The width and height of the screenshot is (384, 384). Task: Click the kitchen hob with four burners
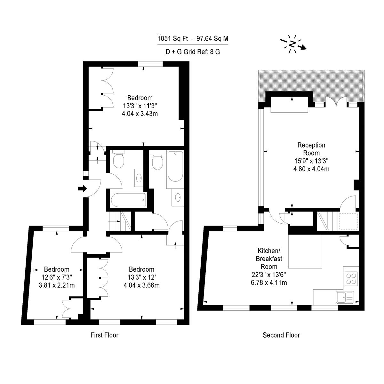pyautogui.click(x=351, y=279)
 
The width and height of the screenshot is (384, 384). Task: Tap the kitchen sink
pyautogui.click(x=345, y=297)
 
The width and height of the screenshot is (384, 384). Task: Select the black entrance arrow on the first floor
pyautogui.click(x=82, y=188)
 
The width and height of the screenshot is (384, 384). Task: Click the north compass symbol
pyautogui.click(x=292, y=44)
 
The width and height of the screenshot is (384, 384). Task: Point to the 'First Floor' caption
pyautogui.click(x=104, y=335)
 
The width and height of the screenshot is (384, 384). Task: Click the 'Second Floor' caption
pyautogui.click(x=281, y=335)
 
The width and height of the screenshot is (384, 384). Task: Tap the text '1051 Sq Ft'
pyautogui.click(x=172, y=38)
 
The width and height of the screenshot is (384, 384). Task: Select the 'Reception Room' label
pyautogui.click(x=311, y=149)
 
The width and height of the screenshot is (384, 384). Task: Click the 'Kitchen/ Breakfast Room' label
pyautogui.click(x=269, y=259)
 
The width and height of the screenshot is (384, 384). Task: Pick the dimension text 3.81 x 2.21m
pyautogui.click(x=57, y=285)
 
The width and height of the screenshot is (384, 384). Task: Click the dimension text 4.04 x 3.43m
pyautogui.click(x=140, y=114)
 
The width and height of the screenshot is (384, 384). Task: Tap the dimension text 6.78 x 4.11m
pyautogui.click(x=269, y=282)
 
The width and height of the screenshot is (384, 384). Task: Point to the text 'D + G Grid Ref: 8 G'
pyautogui.click(x=193, y=52)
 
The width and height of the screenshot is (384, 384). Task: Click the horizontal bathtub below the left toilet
pyautogui.click(x=128, y=200)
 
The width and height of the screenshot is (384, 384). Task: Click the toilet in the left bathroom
pyautogui.click(x=119, y=160)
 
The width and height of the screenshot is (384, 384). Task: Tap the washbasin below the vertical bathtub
pyautogui.click(x=178, y=197)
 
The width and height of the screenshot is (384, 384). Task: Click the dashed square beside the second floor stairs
pyautogui.click(x=348, y=221)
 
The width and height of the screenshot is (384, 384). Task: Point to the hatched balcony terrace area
pyautogui.click(x=311, y=84)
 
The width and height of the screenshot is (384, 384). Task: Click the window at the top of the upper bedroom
pyautogui.click(x=150, y=64)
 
